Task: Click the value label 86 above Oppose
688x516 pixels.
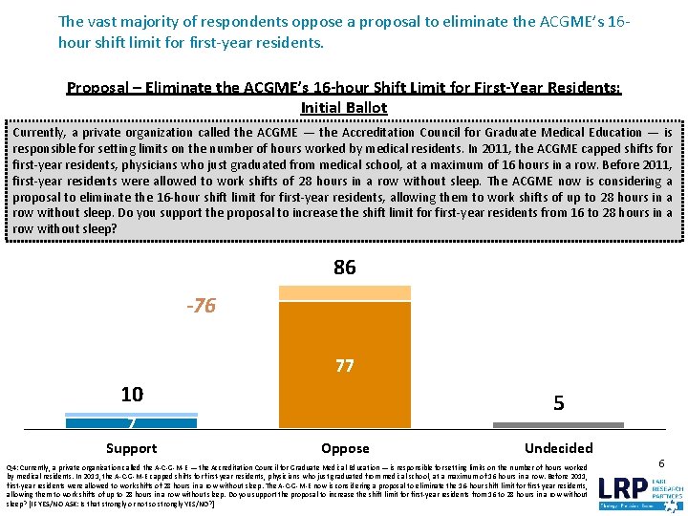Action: point(345,268)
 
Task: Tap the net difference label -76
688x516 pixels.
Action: point(201,306)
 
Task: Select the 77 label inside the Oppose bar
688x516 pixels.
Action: point(345,365)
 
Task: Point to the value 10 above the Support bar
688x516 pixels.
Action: point(132,395)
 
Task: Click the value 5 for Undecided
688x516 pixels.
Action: point(559,404)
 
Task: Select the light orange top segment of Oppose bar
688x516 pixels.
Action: point(345,292)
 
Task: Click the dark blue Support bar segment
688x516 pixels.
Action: point(132,421)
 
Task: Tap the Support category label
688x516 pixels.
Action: point(132,448)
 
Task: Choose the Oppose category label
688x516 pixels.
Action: point(345,448)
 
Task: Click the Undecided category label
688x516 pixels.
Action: point(559,448)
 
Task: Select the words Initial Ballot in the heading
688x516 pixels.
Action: point(344,108)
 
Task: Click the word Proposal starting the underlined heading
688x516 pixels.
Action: point(97,88)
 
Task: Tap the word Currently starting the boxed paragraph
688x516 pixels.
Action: point(40,133)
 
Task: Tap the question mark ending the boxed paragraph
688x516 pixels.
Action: point(115,229)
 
